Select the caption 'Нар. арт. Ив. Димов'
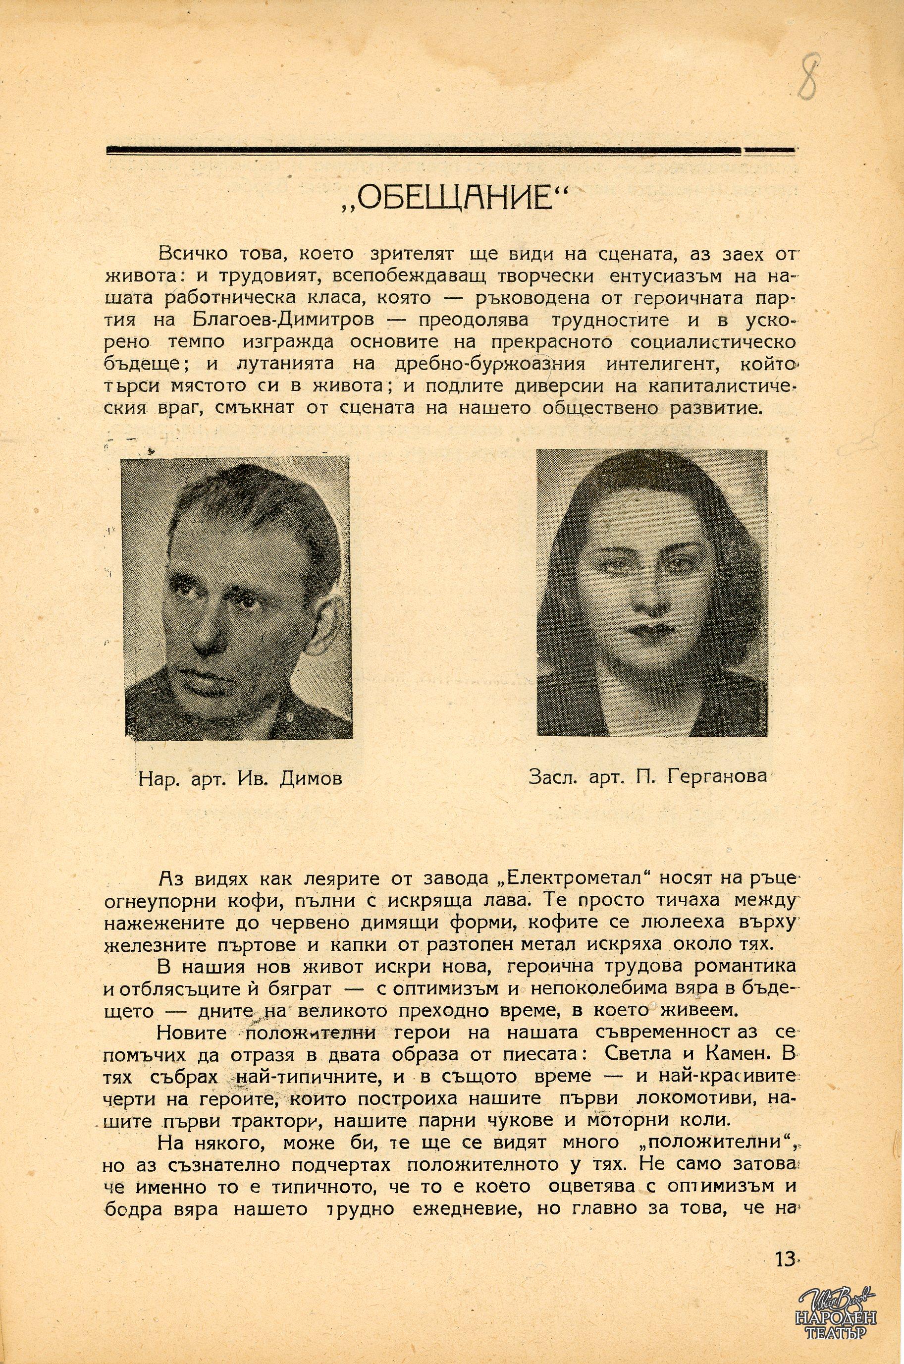pyautogui.click(x=240, y=779)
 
